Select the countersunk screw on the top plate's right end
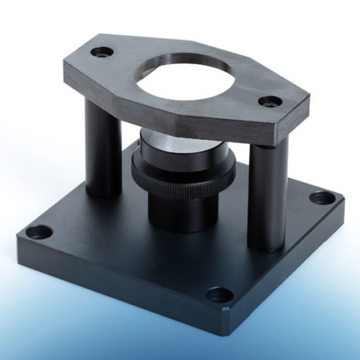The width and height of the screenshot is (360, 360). point(270,101)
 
